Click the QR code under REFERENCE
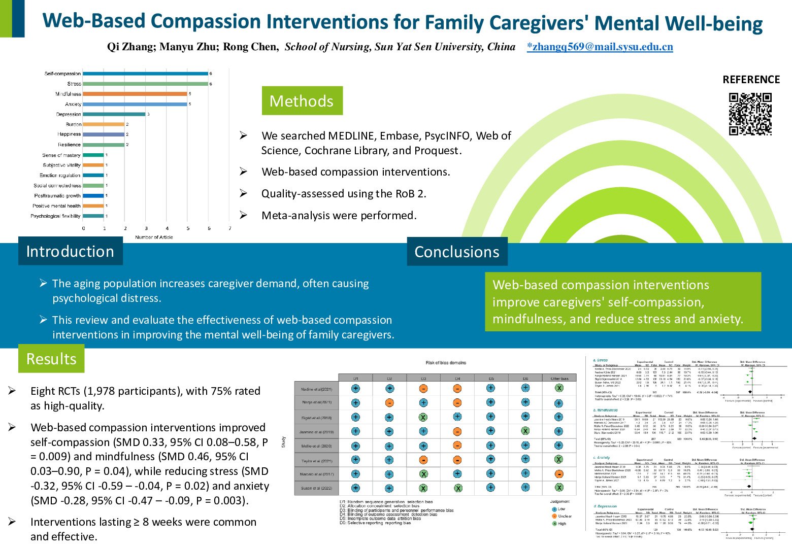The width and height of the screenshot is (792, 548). (750, 114)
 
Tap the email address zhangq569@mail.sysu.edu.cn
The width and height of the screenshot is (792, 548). (600, 47)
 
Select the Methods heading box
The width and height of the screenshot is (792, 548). (302, 101)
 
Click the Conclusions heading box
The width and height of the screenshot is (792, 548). (457, 252)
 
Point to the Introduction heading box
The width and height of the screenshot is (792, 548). (70, 251)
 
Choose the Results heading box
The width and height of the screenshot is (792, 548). (51, 359)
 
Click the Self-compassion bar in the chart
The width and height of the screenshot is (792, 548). (145, 74)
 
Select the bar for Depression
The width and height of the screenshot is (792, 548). (114, 114)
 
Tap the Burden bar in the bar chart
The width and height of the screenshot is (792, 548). (104, 124)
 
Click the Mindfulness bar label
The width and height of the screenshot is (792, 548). (68, 94)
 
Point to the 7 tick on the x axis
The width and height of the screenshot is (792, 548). (229, 228)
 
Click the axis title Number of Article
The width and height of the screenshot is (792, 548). (154, 237)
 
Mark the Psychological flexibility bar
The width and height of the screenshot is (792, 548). (93, 216)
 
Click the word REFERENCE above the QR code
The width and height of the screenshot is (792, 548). (751, 80)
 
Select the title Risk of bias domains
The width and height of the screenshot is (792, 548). (445, 363)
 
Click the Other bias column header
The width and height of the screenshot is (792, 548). (559, 379)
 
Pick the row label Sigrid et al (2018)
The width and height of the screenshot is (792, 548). (316, 418)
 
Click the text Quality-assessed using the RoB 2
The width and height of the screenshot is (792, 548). (344, 194)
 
